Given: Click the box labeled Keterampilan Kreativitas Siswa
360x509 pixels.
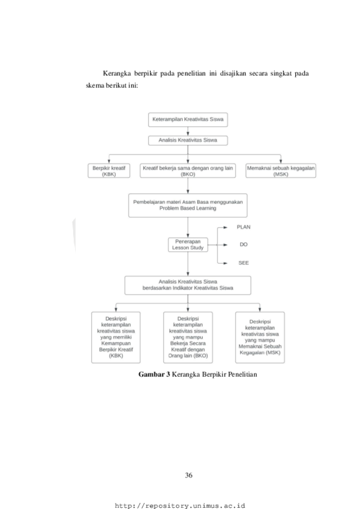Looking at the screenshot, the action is [x=188, y=120].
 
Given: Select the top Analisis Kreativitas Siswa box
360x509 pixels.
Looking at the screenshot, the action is [x=188, y=140].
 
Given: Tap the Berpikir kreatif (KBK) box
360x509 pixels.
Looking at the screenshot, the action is [x=109, y=171].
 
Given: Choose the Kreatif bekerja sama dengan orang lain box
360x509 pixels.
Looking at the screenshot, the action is [x=188, y=171].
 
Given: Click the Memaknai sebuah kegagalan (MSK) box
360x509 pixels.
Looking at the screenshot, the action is [x=281, y=171].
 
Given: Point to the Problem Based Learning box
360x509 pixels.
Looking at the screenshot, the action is [x=188, y=205].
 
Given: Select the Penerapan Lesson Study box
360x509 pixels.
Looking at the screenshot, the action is [x=188, y=244].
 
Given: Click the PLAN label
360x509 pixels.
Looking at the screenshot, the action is [x=244, y=227].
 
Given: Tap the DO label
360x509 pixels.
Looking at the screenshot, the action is [x=244, y=244].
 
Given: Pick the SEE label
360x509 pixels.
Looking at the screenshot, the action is [x=244, y=263].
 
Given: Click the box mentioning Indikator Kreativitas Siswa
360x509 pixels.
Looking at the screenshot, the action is [x=188, y=285].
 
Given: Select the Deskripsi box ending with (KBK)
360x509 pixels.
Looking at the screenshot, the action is [x=116, y=337].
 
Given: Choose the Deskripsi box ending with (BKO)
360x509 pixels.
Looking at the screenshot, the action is [x=188, y=337].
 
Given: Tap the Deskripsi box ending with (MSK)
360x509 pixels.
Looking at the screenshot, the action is [x=260, y=337].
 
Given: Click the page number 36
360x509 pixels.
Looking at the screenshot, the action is [x=189, y=475].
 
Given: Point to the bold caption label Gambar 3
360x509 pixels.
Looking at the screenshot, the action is [x=154, y=374].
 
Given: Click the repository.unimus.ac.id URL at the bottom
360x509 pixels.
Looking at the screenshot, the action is [x=180, y=506].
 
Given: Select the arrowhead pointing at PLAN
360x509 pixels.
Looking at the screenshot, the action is [x=225, y=227].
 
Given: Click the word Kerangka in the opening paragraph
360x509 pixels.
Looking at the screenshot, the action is [x=117, y=74].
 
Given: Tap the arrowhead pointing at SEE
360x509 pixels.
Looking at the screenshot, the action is [x=225, y=263].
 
